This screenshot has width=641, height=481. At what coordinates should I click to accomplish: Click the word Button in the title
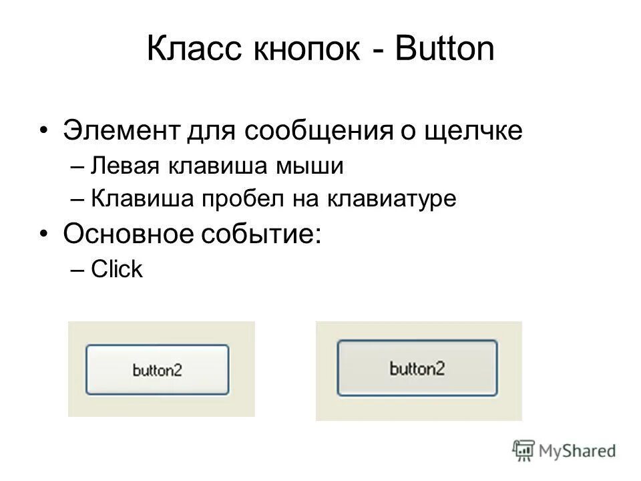tap(444, 52)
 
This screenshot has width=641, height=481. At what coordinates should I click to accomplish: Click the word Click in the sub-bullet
tap(117, 270)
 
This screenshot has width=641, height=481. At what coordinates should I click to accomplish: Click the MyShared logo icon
tap(524, 450)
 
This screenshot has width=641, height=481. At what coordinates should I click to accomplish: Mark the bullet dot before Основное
tap(43, 235)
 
